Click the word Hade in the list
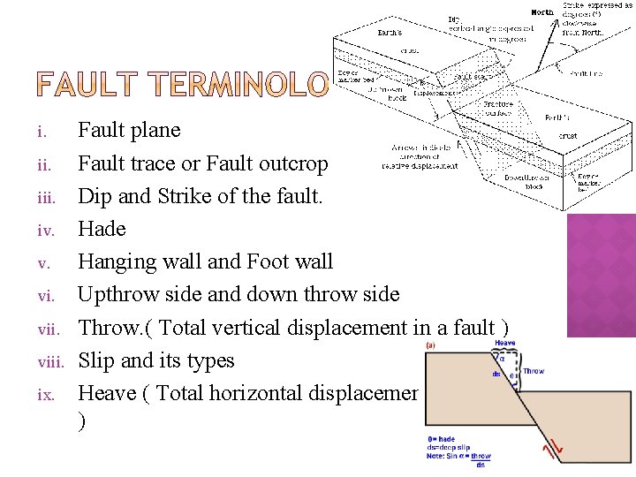(102, 229)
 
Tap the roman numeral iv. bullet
(45, 230)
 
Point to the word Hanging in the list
(117, 262)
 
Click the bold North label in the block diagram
(542, 12)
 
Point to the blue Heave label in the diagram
(505, 344)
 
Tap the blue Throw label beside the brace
(534, 372)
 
